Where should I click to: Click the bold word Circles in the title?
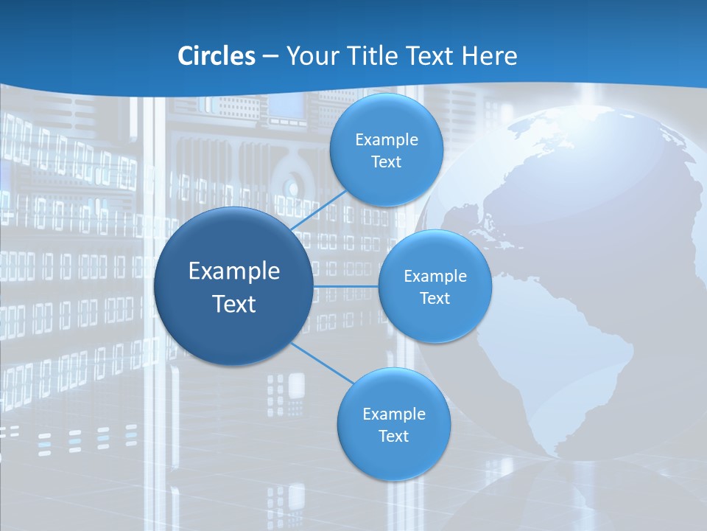pos(217,56)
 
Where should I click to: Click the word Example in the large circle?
pos(234,271)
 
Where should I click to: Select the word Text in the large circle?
pos(234,304)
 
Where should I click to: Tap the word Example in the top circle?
pos(386,139)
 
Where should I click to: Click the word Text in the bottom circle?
pos(393,436)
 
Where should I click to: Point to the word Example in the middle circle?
pos(435,276)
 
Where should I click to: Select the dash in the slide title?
pos(270,57)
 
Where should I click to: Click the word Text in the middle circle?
pos(435,298)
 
